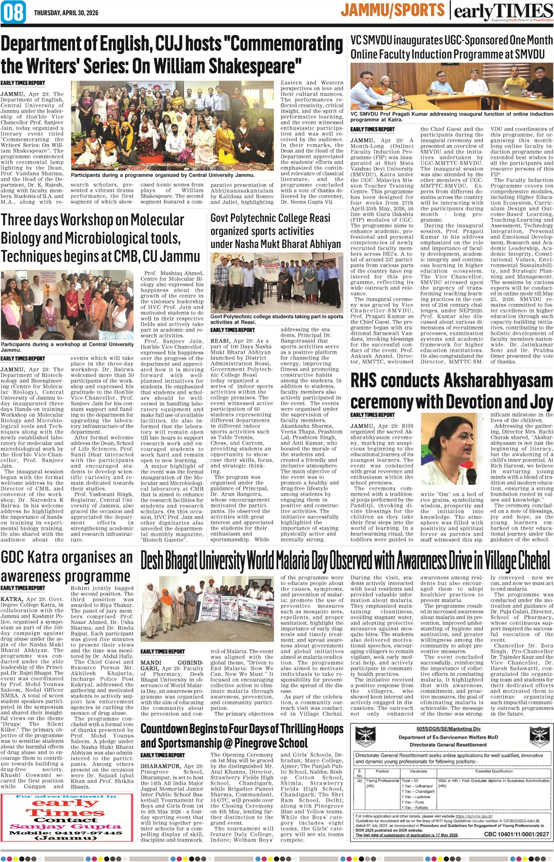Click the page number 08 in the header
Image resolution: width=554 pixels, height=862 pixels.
14,12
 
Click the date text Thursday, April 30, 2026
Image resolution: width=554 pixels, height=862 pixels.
66,13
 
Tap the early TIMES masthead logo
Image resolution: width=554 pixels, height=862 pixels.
503,11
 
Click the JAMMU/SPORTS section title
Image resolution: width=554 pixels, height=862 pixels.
392,10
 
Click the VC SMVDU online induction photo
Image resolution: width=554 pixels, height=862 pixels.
452,86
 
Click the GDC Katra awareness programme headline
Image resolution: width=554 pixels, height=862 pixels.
66,567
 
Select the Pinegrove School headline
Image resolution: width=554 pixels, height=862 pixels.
242,736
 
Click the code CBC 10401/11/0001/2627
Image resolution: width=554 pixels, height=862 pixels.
516,834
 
